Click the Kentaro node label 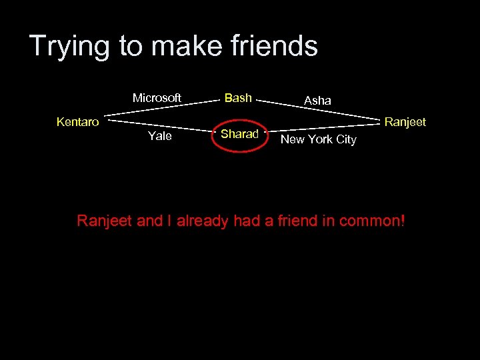coord(78,122)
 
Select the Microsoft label coord(157,98)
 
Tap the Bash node coord(238,98)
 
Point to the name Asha coord(317,100)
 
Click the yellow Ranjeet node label coord(405,122)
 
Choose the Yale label coord(159,136)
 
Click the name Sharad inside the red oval coord(239,134)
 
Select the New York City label coord(319,139)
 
